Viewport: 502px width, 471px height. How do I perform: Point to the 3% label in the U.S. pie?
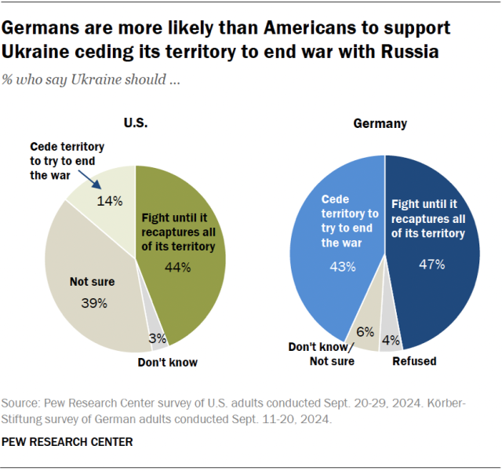tap(157, 338)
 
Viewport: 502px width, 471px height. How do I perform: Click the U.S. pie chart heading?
tap(135, 122)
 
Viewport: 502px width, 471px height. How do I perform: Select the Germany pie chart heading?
tap(380, 123)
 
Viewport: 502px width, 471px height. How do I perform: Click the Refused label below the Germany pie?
tap(414, 361)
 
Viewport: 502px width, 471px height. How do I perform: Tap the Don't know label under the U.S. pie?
tap(167, 362)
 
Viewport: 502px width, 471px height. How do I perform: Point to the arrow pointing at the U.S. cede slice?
tap(96, 181)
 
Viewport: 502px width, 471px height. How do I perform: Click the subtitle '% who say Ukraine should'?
tap(91, 81)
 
